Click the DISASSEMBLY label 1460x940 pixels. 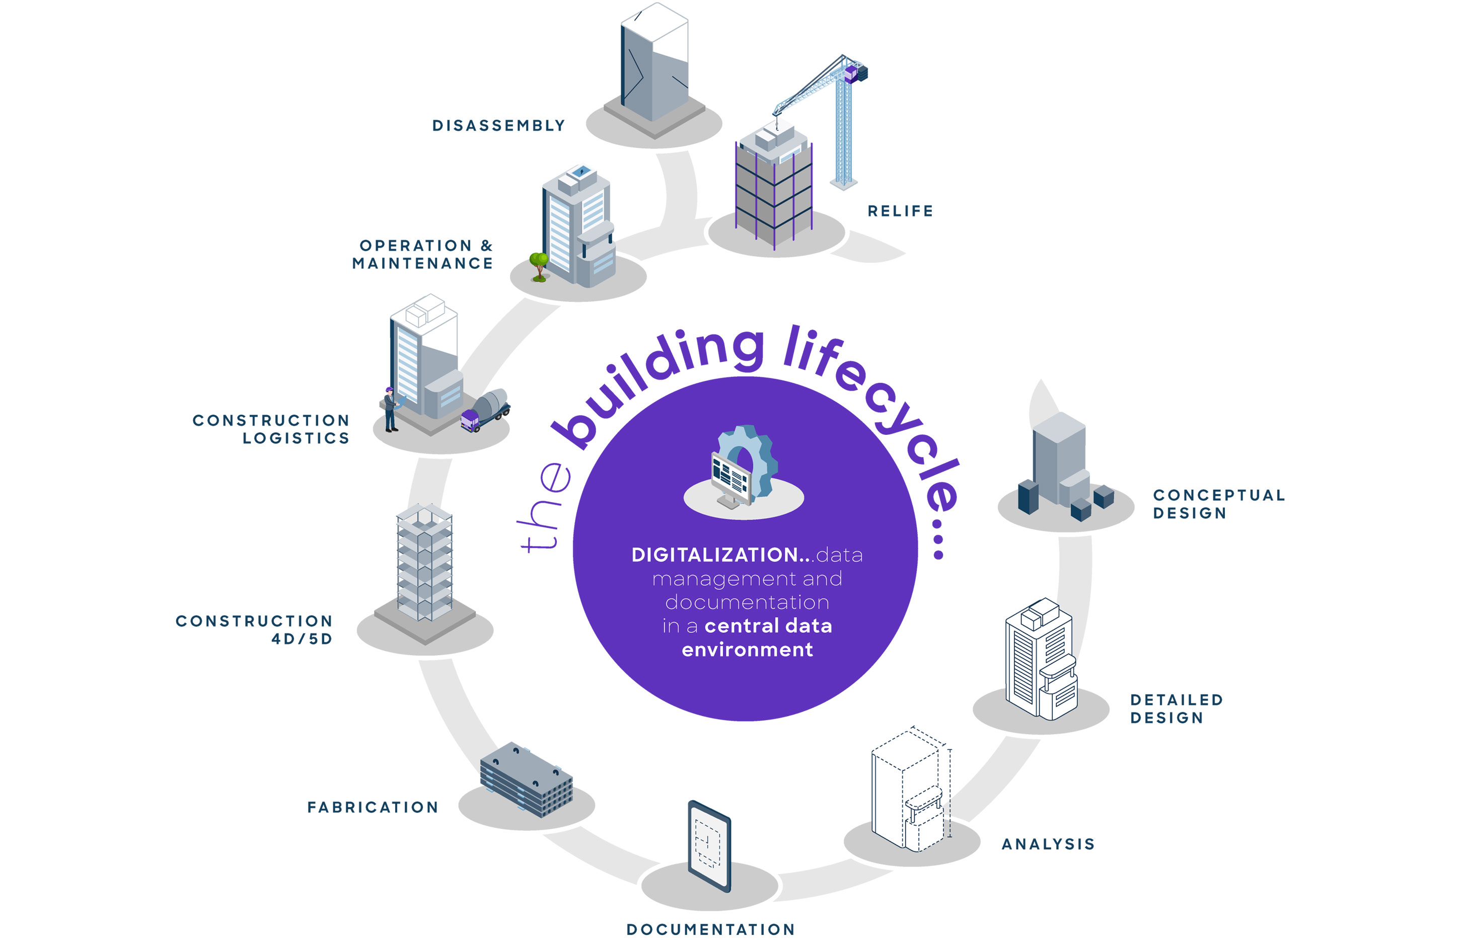pyautogui.click(x=498, y=126)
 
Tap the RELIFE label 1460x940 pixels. pyautogui.click(x=900, y=211)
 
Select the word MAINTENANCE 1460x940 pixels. pyautogui.click(x=422, y=264)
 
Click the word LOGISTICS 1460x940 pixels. pyautogui.click(x=296, y=438)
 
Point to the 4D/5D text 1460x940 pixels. pyautogui.click(x=302, y=639)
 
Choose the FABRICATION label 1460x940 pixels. pyautogui.click(x=373, y=808)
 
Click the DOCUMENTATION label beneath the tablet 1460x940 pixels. pyautogui.click(x=711, y=929)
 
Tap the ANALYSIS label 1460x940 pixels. pyautogui.click(x=1048, y=844)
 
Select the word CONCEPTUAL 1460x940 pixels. pyautogui.click(x=1219, y=495)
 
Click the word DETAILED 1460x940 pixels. pyautogui.click(x=1176, y=700)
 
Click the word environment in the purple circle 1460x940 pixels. pyautogui.click(x=747, y=650)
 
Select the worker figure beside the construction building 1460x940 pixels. pyautogui.click(x=390, y=410)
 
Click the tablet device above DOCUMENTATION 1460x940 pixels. pyautogui.click(x=709, y=846)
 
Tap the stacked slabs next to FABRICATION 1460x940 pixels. pyautogui.click(x=526, y=779)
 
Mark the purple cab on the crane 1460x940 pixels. pyautogui.click(x=851, y=74)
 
